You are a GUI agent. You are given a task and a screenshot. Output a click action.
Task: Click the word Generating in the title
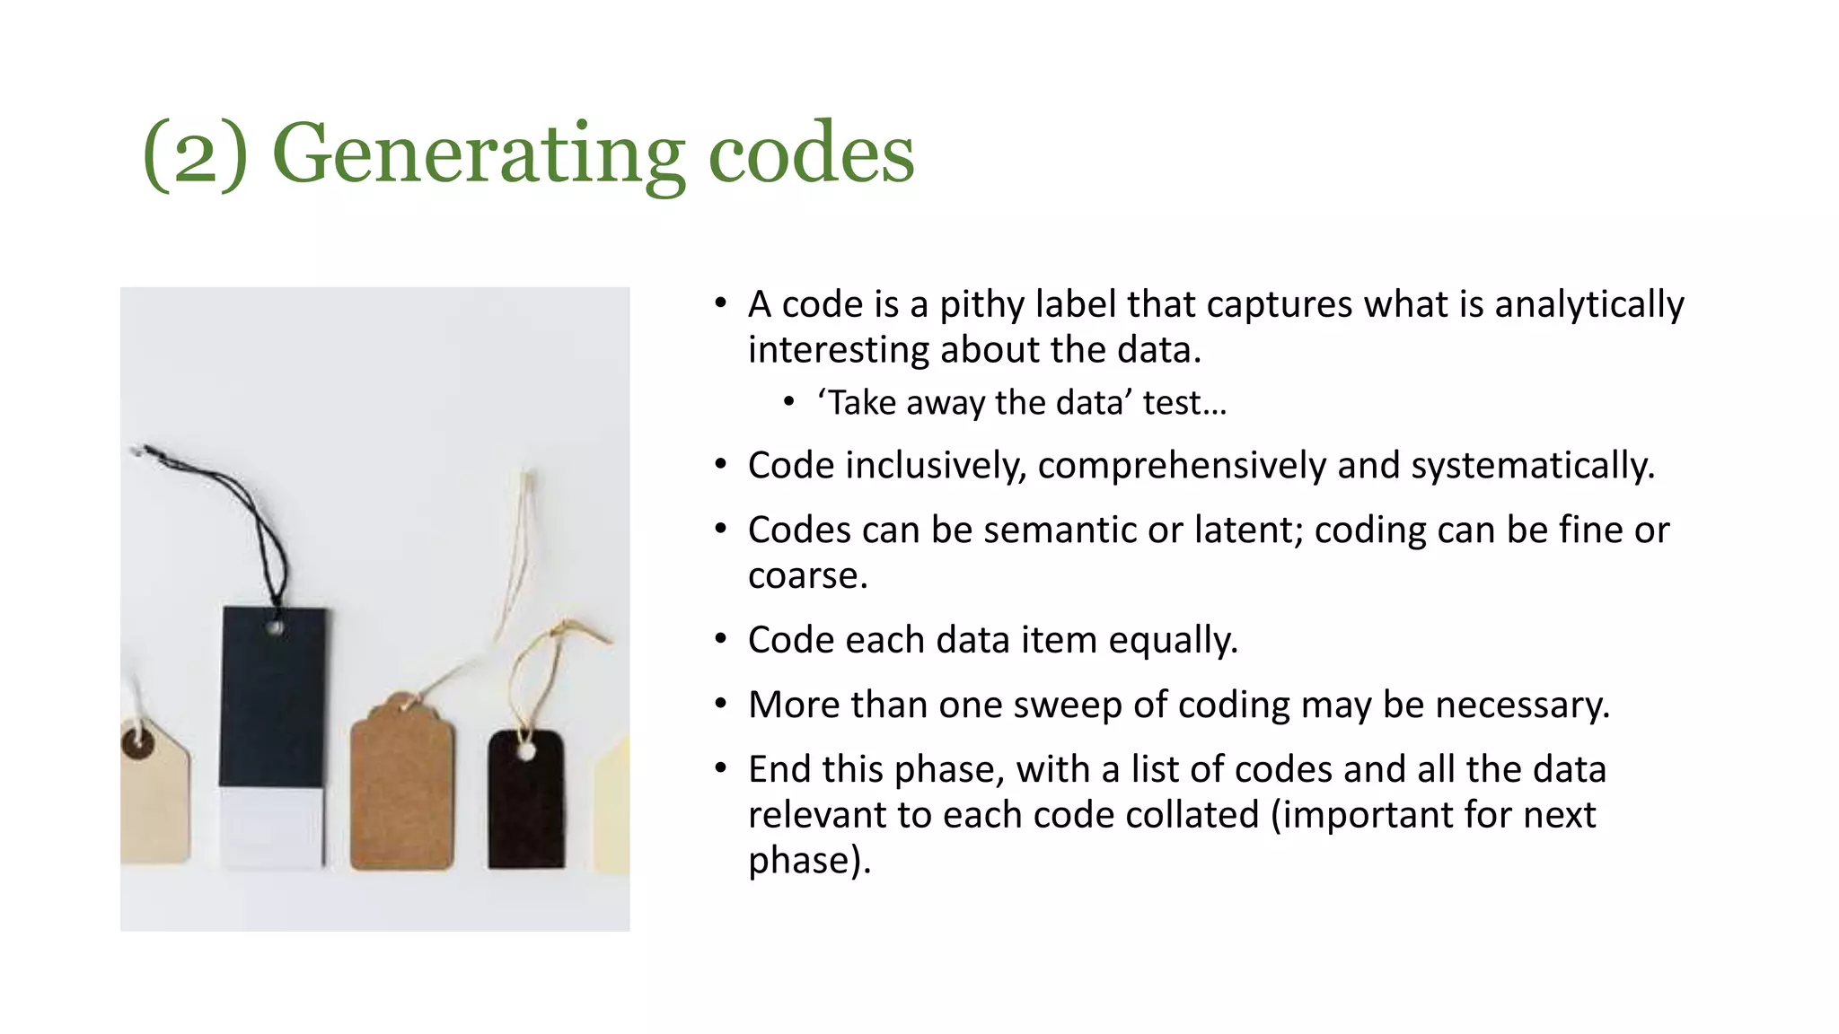point(478,154)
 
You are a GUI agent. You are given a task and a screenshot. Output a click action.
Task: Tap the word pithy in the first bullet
point(981,305)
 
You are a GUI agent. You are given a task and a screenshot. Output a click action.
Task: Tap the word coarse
point(805,576)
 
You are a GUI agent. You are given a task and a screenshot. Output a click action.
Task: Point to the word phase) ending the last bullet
point(808,861)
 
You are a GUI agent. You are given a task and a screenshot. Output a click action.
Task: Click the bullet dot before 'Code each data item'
point(720,640)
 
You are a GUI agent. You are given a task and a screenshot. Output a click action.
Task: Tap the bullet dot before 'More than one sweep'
point(720,705)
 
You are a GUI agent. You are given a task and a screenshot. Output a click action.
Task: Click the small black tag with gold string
point(526,803)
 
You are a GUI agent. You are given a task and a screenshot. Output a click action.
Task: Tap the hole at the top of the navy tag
point(276,627)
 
